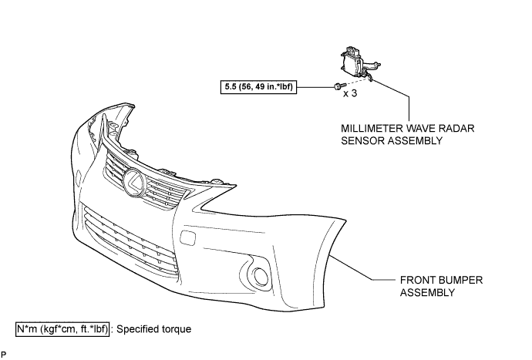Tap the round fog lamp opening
point(261,276)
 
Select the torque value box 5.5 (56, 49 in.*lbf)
point(258,87)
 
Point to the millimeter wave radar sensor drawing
point(359,62)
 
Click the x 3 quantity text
point(350,93)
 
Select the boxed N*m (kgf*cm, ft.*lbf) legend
point(62,329)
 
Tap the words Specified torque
point(153,329)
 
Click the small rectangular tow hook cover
point(187,237)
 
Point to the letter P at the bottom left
point(3,355)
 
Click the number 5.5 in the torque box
point(230,87)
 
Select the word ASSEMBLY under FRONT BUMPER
point(427,292)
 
